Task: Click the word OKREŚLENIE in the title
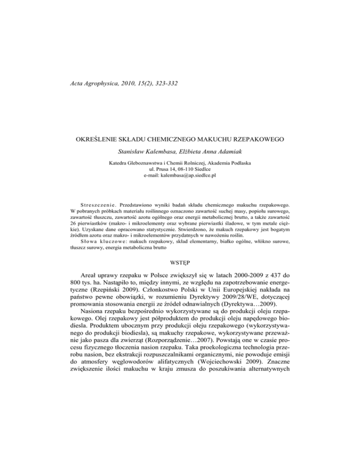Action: pyautogui.click(x=98, y=140)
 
